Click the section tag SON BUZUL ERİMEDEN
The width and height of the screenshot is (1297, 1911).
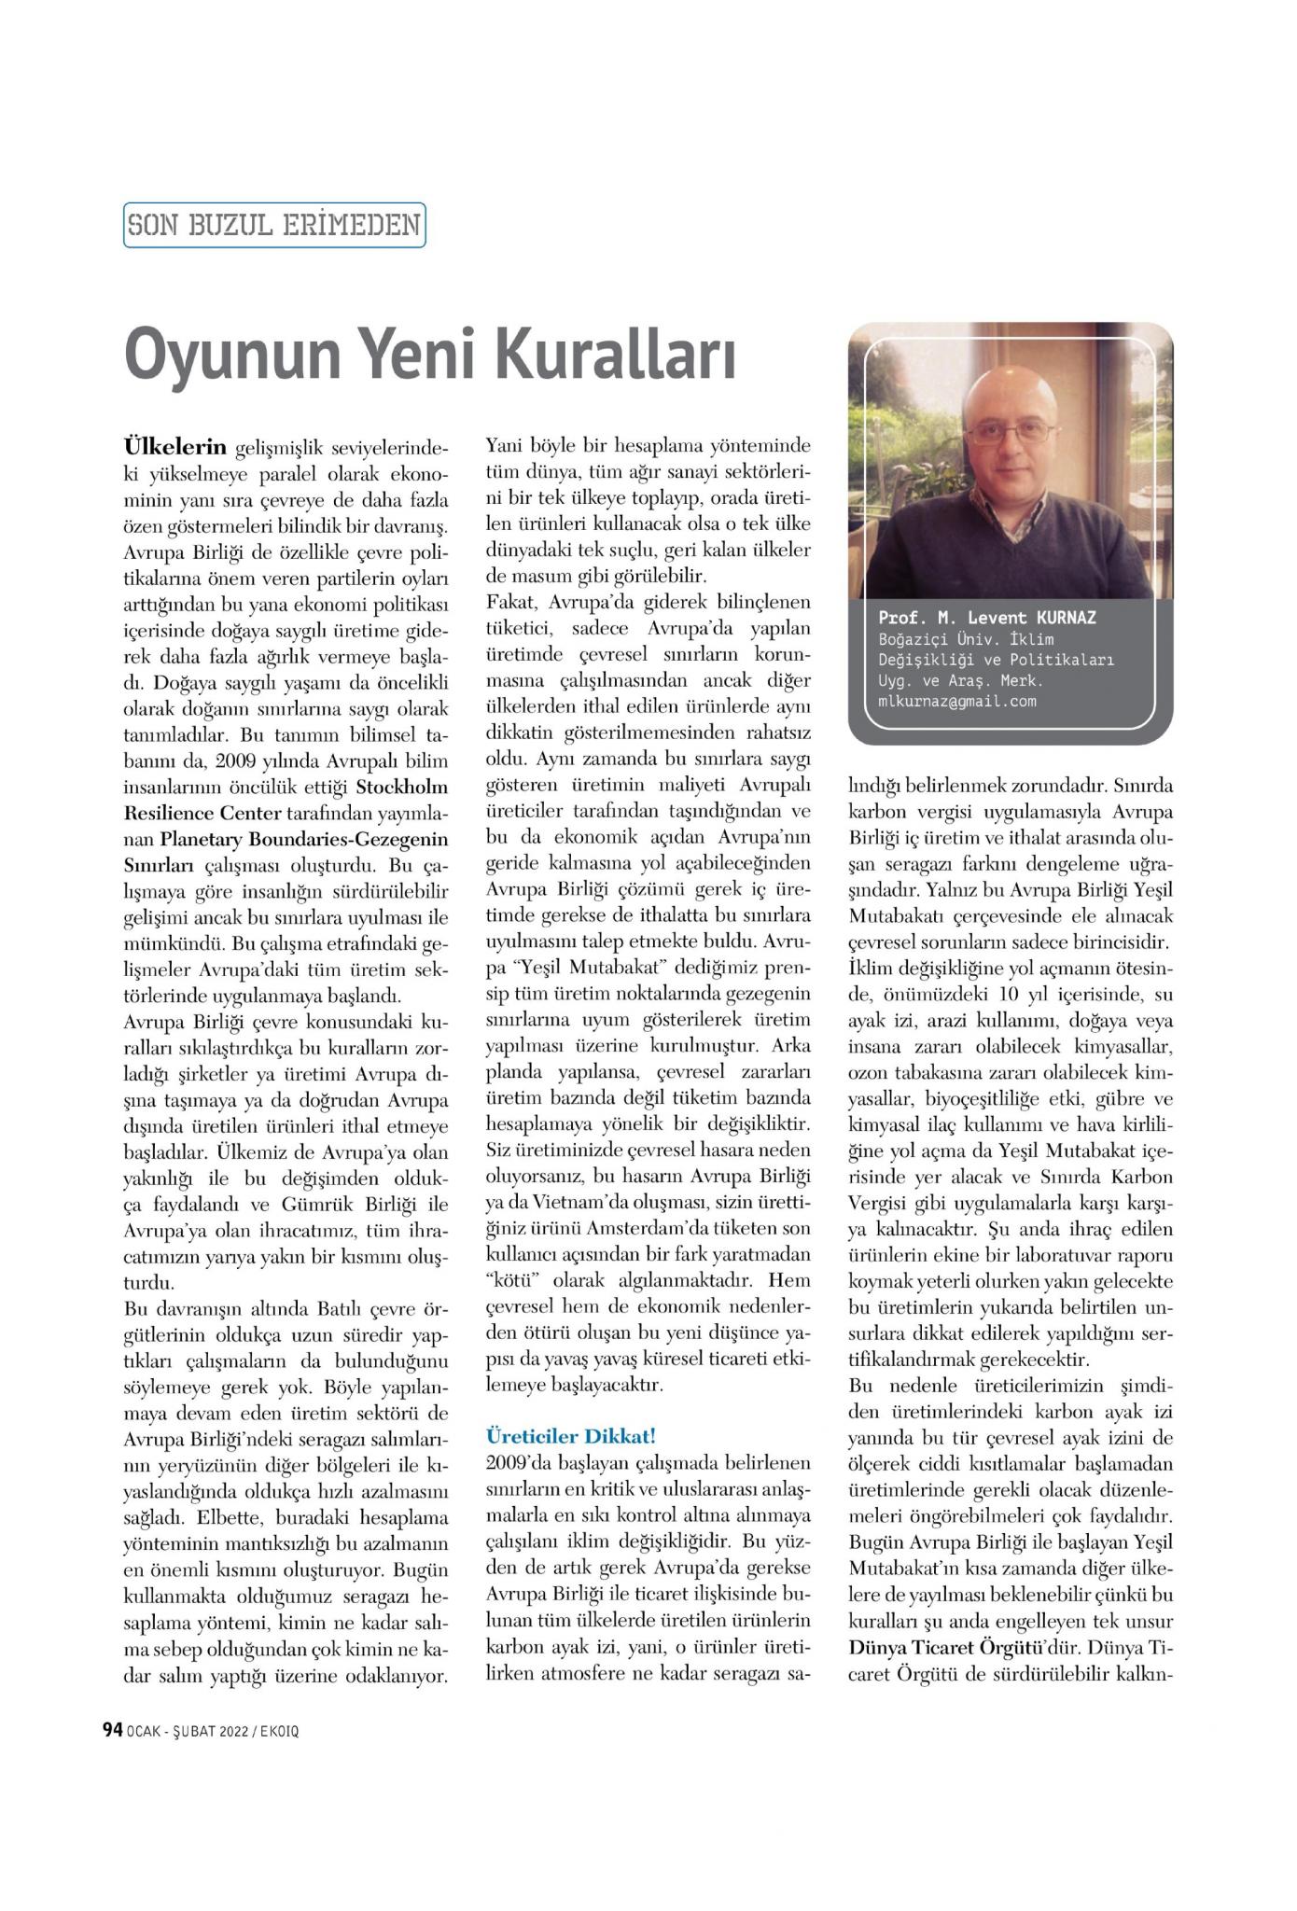pos(274,225)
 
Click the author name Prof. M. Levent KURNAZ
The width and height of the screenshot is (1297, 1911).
pos(987,618)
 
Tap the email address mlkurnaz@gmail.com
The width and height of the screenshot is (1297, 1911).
pos(956,701)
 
